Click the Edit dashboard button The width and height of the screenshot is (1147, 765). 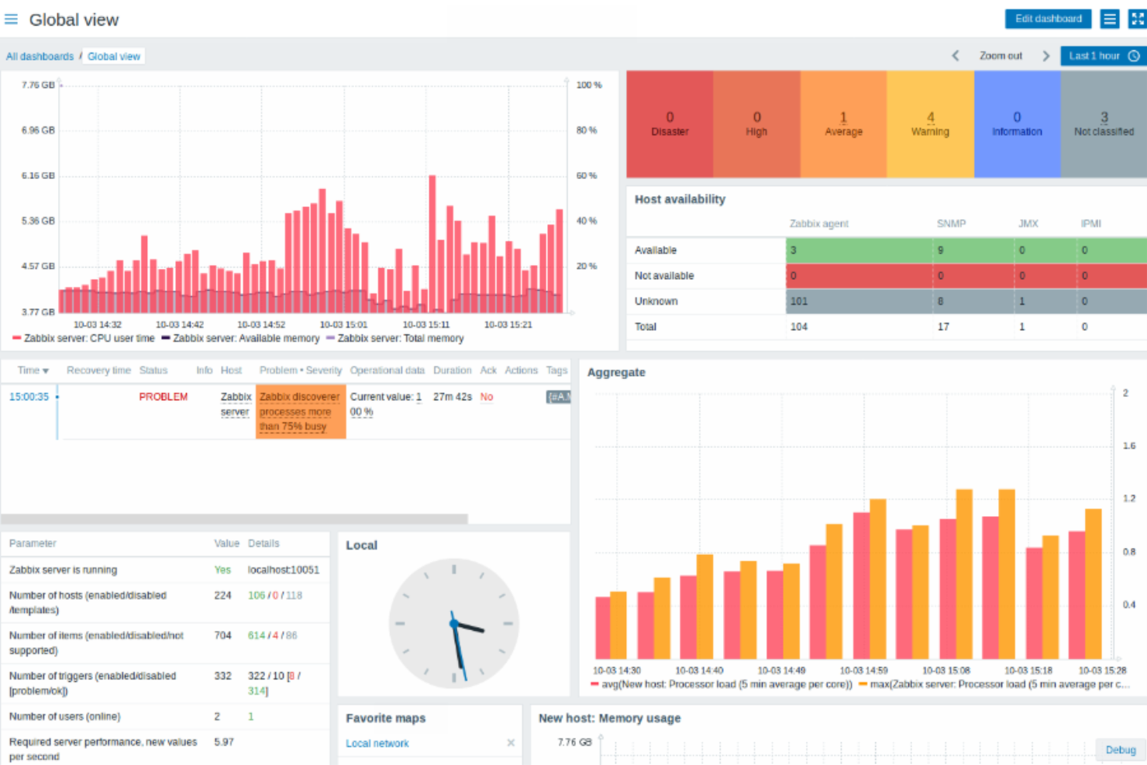[x=1048, y=19]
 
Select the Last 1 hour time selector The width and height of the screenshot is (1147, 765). [x=1103, y=56]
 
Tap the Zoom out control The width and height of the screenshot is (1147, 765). [x=1000, y=56]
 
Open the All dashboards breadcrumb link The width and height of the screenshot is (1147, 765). [x=40, y=57]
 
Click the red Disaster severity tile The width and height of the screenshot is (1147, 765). [x=670, y=124]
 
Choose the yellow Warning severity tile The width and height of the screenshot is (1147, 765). [x=930, y=124]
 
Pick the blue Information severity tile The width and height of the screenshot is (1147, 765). [x=1017, y=124]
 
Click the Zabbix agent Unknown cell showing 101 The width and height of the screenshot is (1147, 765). [x=859, y=302]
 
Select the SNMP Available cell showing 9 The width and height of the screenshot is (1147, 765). [x=973, y=250]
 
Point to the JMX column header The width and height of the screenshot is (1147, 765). [x=1028, y=223]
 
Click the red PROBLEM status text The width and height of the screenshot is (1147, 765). [x=163, y=397]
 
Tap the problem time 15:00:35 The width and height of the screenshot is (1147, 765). [x=29, y=397]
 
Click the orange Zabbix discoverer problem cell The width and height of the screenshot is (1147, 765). [x=300, y=412]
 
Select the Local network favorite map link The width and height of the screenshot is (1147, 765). [x=377, y=743]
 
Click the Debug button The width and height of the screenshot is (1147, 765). [x=1120, y=749]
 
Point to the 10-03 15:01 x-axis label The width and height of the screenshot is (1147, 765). [x=343, y=325]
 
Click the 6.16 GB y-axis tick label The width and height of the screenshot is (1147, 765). [x=38, y=176]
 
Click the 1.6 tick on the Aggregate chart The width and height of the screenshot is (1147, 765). [x=1128, y=446]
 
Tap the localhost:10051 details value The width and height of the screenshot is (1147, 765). [x=283, y=570]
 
